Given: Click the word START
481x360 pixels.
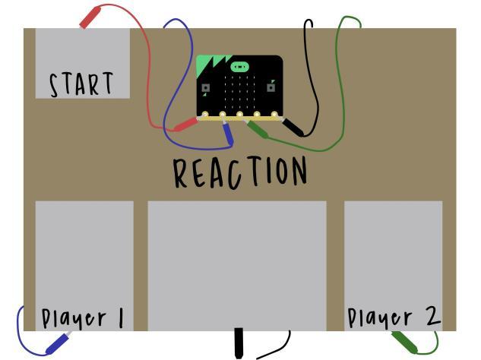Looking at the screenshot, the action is click(x=81, y=84).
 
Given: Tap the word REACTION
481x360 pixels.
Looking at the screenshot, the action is click(x=240, y=172).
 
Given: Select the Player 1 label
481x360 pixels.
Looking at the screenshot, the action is click(x=83, y=318).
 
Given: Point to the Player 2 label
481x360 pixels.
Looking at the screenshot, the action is click(x=394, y=317).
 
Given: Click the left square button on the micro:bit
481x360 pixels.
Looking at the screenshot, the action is click(x=205, y=88).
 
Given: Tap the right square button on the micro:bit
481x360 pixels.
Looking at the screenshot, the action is click(x=271, y=88).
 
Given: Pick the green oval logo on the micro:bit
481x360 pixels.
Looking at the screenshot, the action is click(x=239, y=67).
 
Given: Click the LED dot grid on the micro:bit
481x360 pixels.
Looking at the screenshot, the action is click(x=239, y=92).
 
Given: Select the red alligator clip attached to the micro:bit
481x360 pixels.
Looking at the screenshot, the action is click(x=185, y=125).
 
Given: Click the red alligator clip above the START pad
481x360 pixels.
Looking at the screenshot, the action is click(x=90, y=17).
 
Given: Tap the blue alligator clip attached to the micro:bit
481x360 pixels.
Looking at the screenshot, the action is click(x=228, y=133).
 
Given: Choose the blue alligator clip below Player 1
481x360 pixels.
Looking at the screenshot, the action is click(x=59, y=343).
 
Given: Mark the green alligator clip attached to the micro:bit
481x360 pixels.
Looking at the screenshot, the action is click(x=257, y=129).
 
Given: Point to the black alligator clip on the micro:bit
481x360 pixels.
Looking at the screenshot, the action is click(x=293, y=127).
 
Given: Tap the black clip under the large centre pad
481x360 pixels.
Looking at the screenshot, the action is click(x=239, y=343).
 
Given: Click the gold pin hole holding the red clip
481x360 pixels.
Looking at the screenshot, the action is click(x=205, y=115).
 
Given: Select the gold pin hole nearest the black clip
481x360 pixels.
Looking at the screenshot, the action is click(x=274, y=115).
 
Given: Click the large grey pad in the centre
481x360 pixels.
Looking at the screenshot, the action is click(x=237, y=266).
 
